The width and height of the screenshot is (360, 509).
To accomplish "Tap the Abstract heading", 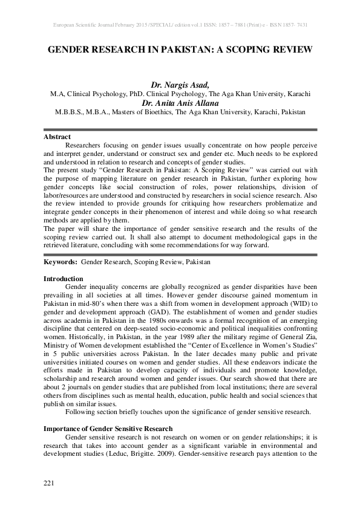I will click(57, 137).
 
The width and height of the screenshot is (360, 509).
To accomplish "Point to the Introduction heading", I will click(64, 279).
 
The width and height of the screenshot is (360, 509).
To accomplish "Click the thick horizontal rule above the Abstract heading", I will click(180, 129).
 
